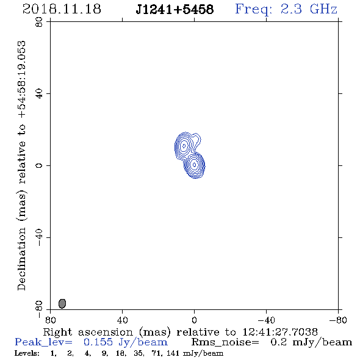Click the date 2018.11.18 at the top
(62, 9)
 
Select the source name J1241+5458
(175, 9)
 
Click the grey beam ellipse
(62, 303)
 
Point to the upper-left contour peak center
(184, 146)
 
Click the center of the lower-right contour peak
(195, 165)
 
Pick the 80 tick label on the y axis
(39, 22)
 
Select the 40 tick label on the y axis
(39, 94)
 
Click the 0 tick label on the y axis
(39, 165)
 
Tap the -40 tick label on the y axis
(39, 237)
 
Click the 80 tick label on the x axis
(50, 320)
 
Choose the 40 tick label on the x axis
(122, 320)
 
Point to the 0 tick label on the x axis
(194, 320)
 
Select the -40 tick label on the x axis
(266, 320)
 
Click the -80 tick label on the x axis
(338, 320)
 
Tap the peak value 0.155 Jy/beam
(126, 342)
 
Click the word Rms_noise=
(226, 342)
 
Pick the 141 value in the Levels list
(173, 353)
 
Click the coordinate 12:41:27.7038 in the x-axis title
(280, 332)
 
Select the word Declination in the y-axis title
(21, 259)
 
